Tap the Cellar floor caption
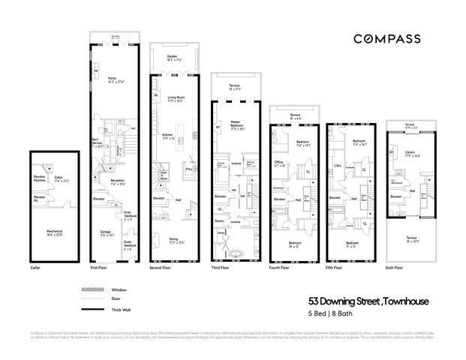(35, 268)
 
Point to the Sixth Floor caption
(394, 268)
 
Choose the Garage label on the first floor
(107, 233)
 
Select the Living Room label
(177, 97)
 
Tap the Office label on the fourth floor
(278, 163)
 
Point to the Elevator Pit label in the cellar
(40, 200)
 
